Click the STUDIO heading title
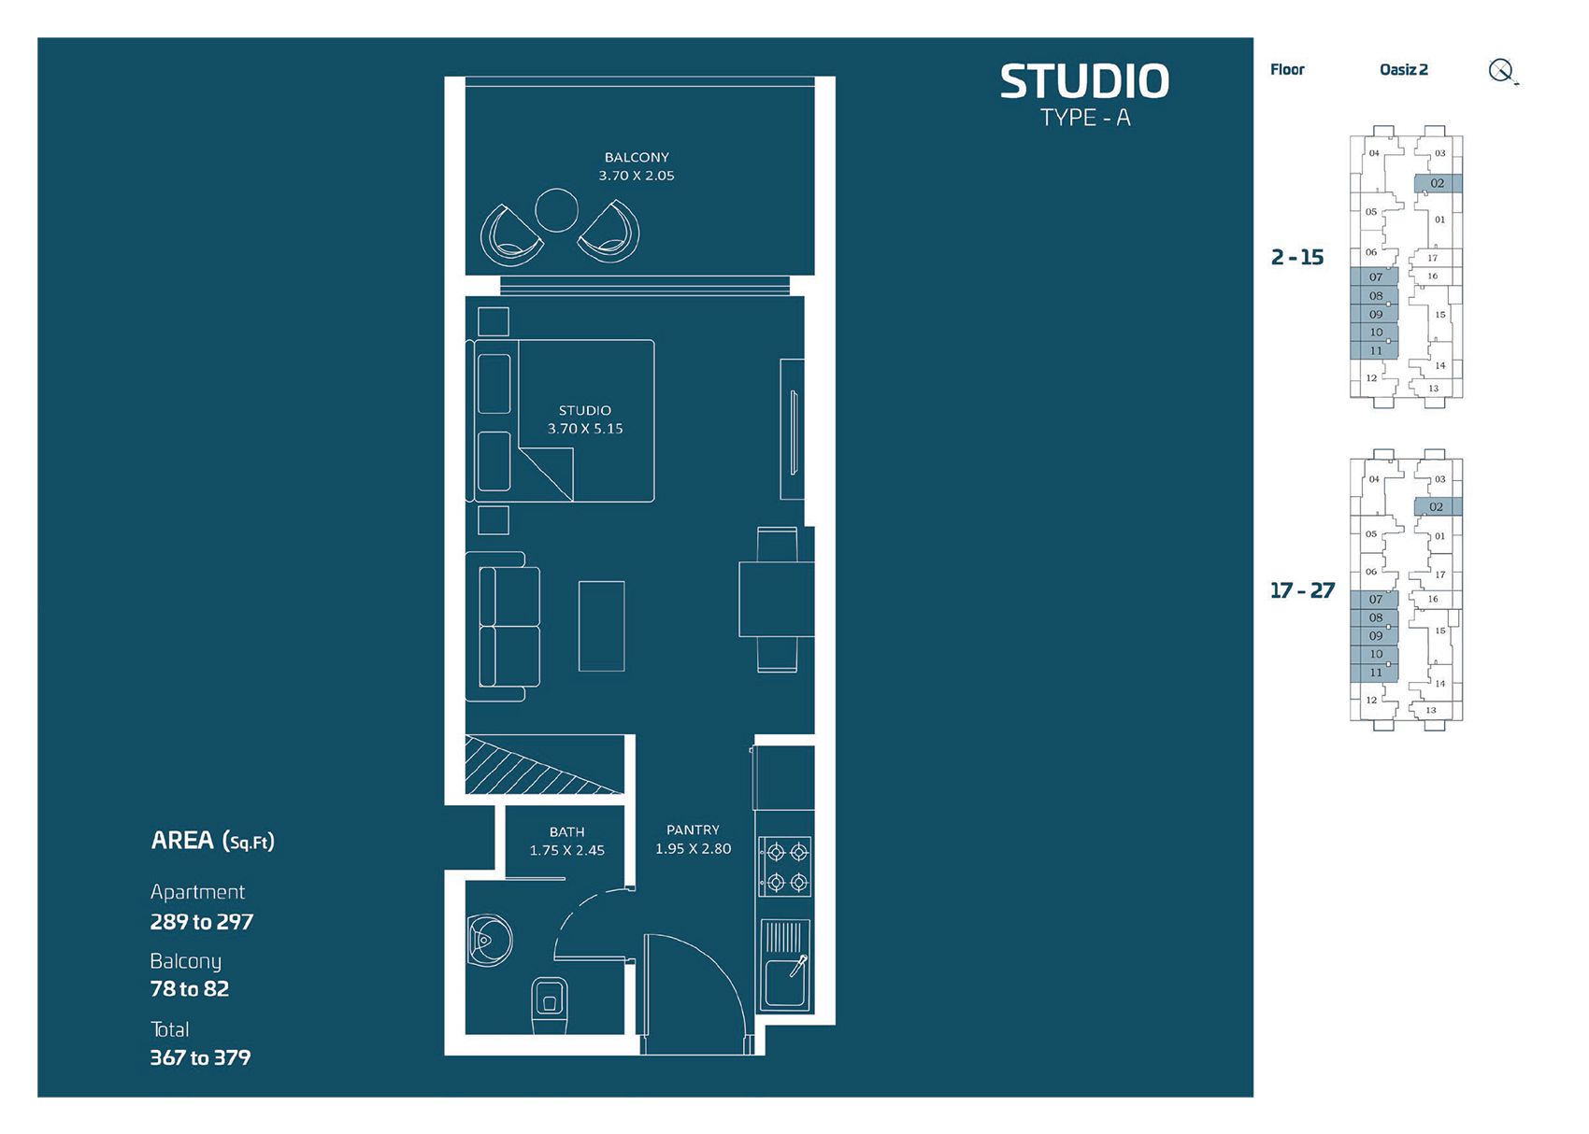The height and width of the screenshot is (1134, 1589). tap(1084, 82)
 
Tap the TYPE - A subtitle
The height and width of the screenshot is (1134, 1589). tap(1085, 119)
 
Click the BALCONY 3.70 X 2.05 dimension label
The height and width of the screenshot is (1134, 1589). tap(637, 166)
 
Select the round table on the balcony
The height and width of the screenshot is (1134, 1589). tap(556, 210)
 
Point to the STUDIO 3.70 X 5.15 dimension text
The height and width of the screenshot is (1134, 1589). tap(585, 419)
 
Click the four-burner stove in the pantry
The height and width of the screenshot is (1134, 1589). tap(786, 866)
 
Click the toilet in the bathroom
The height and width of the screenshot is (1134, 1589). tap(550, 1005)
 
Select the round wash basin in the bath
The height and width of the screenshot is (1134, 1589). tap(490, 938)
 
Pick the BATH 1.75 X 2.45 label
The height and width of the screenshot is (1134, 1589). tap(566, 841)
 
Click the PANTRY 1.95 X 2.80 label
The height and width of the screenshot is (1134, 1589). tap(693, 839)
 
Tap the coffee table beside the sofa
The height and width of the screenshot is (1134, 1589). tap(601, 626)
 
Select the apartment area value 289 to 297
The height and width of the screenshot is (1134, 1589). tap(202, 922)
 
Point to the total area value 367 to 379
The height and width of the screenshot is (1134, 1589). tap(200, 1057)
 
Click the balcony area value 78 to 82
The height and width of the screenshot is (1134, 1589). tap(190, 989)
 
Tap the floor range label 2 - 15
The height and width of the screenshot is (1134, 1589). tap(1297, 258)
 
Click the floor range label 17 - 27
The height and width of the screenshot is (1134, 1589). tap(1302, 590)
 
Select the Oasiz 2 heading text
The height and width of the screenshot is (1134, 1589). tap(1403, 70)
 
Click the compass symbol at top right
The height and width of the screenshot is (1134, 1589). tap(1501, 71)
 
